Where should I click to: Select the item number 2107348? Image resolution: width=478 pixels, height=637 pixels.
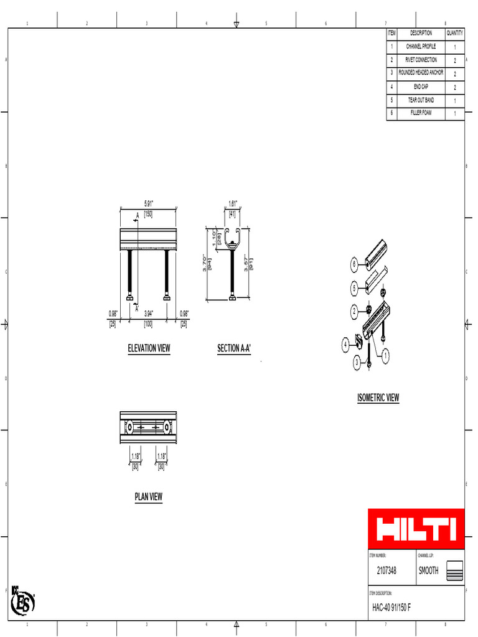pyautogui.click(x=387, y=570)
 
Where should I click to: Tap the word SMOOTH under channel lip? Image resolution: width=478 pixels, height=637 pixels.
pyautogui.click(x=428, y=570)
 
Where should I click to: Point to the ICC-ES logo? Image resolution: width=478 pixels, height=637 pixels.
pyautogui.click(x=23, y=601)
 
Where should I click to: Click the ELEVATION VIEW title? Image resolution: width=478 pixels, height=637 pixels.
pyautogui.click(x=149, y=348)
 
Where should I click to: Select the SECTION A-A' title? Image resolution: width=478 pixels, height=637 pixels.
pyautogui.click(x=234, y=348)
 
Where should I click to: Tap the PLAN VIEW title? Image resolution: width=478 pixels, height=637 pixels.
pyautogui.click(x=149, y=496)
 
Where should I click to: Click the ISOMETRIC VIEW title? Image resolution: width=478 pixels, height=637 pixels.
pyautogui.click(x=378, y=398)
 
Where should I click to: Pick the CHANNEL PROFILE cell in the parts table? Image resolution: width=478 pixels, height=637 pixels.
pyautogui.click(x=421, y=47)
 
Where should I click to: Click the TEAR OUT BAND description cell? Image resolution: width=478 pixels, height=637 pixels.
pyautogui.click(x=421, y=100)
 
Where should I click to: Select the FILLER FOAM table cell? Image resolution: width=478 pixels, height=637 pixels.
pyautogui.click(x=421, y=113)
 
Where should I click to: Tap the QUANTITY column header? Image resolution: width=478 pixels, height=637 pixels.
pyautogui.click(x=454, y=33)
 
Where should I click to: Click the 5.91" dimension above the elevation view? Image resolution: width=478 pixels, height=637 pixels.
pyautogui.click(x=149, y=203)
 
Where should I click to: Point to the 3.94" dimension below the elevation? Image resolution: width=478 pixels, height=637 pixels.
pyautogui.click(x=149, y=314)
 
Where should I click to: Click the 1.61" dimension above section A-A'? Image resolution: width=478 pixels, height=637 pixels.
pyautogui.click(x=233, y=203)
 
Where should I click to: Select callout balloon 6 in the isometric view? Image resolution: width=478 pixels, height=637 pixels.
pyautogui.click(x=355, y=264)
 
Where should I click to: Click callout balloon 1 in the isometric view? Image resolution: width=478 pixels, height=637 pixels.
pyautogui.click(x=385, y=355)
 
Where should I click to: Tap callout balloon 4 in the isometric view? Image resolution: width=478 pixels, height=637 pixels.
pyautogui.click(x=345, y=343)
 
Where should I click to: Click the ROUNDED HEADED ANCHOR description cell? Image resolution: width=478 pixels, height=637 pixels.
pyautogui.click(x=421, y=73)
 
